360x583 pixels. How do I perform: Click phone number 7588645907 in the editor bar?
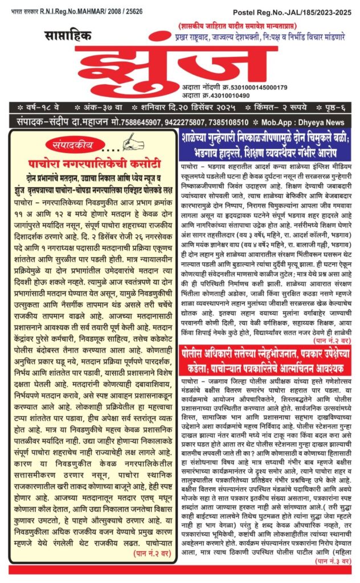(130, 122)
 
